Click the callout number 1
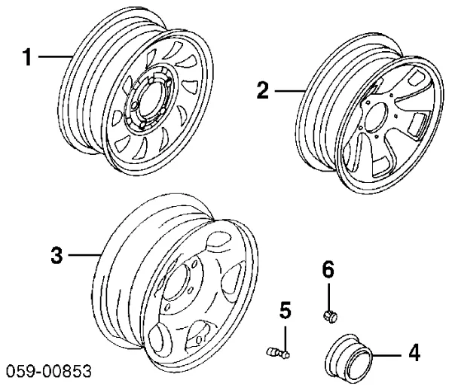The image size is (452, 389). coord(27,57)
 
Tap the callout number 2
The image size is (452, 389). coord(262,92)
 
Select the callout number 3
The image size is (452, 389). coord(56,256)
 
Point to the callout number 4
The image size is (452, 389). coord(414,353)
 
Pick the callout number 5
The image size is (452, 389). coord(286,309)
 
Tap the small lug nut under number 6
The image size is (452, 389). coord(328,313)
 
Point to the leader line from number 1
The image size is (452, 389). coord(53,57)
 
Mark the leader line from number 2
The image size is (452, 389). coord(289,92)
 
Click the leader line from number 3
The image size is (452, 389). coord(84,256)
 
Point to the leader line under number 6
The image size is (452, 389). coord(328,293)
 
